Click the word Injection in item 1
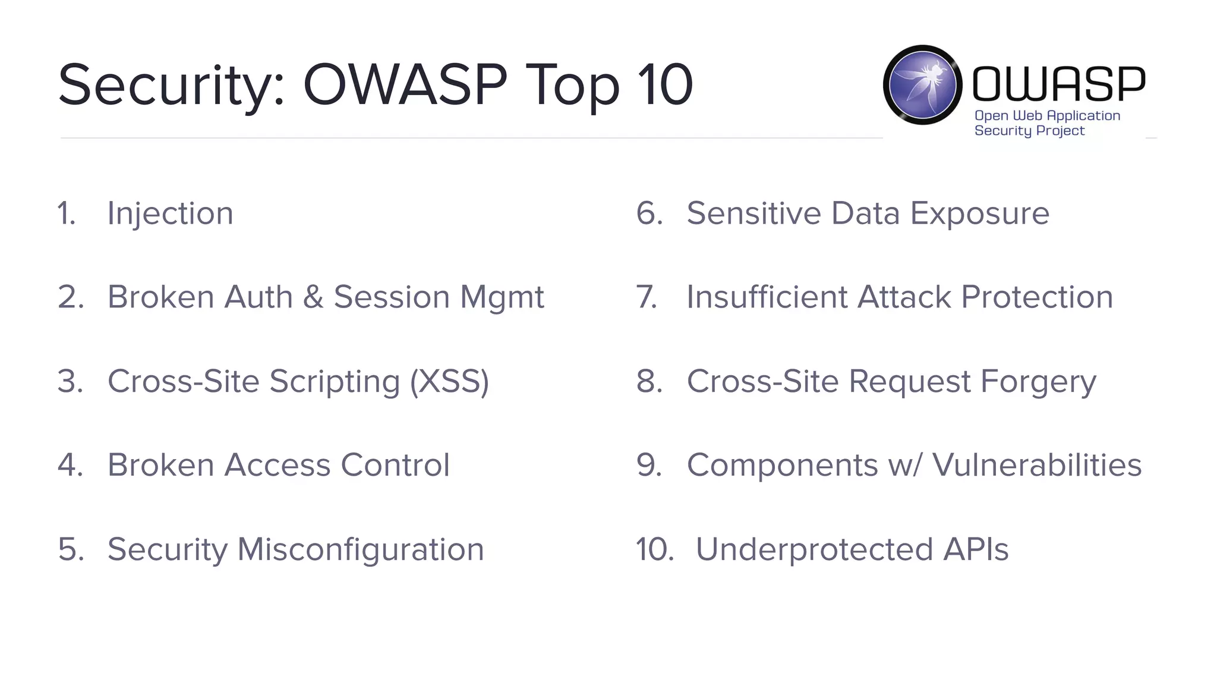point(170,213)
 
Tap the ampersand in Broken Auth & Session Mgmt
point(313,297)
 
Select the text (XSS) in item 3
point(449,381)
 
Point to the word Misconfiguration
point(360,549)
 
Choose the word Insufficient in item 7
point(767,297)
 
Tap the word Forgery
point(1038,381)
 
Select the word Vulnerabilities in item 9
point(1036,465)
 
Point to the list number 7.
point(647,297)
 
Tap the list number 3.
point(70,381)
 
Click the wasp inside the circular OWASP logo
point(923,84)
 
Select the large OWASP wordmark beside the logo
point(1058,83)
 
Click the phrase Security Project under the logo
point(1029,131)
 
